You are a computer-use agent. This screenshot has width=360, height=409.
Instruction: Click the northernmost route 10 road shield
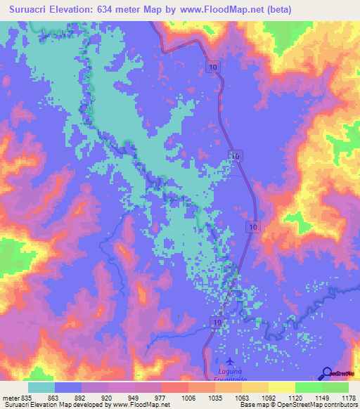[x=212, y=65]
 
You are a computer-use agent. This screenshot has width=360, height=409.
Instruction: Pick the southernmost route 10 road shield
[x=216, y=321]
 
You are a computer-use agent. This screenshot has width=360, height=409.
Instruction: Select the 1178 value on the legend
[x=345, y=397]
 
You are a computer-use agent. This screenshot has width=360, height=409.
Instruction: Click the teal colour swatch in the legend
[x=41, y=387]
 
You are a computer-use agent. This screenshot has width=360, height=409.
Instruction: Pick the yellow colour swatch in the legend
[x=281, y=387]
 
